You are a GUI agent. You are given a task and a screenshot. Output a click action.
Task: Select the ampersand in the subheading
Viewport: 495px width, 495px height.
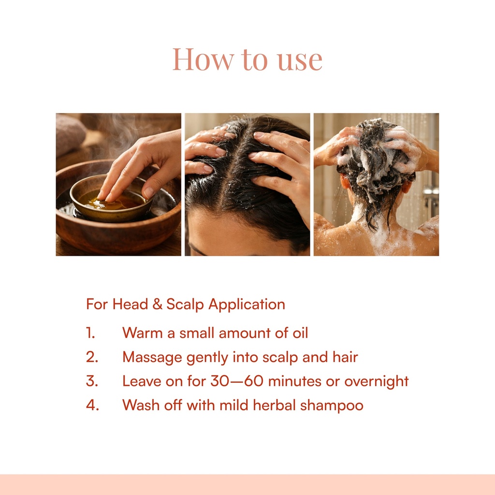(157, 304)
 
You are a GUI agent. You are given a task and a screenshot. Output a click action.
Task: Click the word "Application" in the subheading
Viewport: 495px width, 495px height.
(247, 305)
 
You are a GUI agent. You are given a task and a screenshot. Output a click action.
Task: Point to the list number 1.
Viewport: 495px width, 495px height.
(90, 333)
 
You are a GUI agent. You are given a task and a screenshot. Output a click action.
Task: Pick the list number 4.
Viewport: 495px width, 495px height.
(92, 405)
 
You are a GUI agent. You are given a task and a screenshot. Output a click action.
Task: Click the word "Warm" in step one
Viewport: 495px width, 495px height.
(143, 333)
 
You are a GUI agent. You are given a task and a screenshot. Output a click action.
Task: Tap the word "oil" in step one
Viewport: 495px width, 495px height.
(300, 333)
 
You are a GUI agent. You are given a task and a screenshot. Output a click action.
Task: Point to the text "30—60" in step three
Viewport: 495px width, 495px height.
(237, 381)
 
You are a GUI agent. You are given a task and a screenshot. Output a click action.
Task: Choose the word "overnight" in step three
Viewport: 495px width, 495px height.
(376, 382)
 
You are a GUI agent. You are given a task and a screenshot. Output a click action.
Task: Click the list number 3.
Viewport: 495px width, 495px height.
(92, 381)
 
